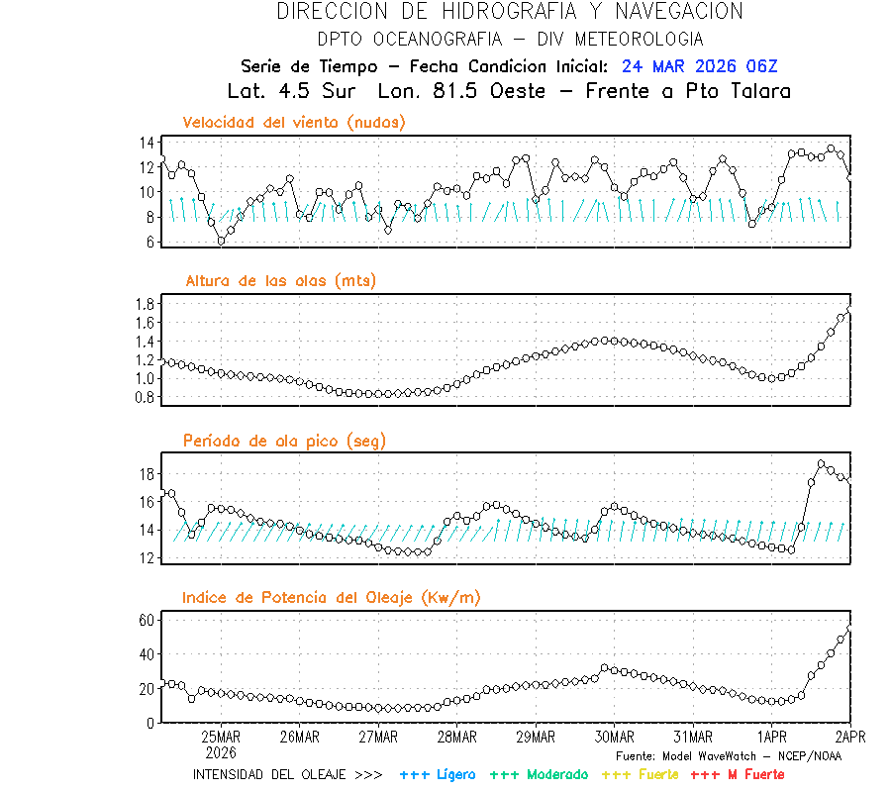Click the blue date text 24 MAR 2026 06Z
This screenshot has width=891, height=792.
point(699,67)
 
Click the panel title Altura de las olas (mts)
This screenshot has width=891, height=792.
point(280,281)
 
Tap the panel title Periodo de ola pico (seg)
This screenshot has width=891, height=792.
point(284,441)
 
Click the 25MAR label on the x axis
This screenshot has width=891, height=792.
point(221,738)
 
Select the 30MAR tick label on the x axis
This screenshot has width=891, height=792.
point(614,738)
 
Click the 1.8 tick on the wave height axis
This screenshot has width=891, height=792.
point(147,304)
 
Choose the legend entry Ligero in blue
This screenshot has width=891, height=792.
point(438,774)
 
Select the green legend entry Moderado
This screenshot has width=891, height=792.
point(539,774)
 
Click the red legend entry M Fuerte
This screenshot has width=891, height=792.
point(737,774)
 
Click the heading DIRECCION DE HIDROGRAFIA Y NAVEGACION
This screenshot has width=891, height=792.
point(509,12)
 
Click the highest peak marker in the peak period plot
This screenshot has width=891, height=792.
point(821,463)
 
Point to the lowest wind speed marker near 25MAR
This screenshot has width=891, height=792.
point(221,241)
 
